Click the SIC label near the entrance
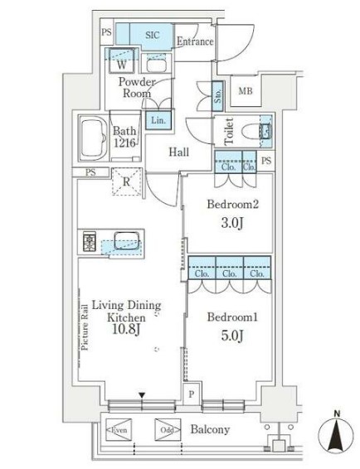click(153, 35)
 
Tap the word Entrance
click(195, 41)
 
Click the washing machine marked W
click(121, 64)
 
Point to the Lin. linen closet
click(157, 120)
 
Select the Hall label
click(179, 152)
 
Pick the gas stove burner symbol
click(90, 242)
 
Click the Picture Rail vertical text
click(85, 326)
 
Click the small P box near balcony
click(192, 395)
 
